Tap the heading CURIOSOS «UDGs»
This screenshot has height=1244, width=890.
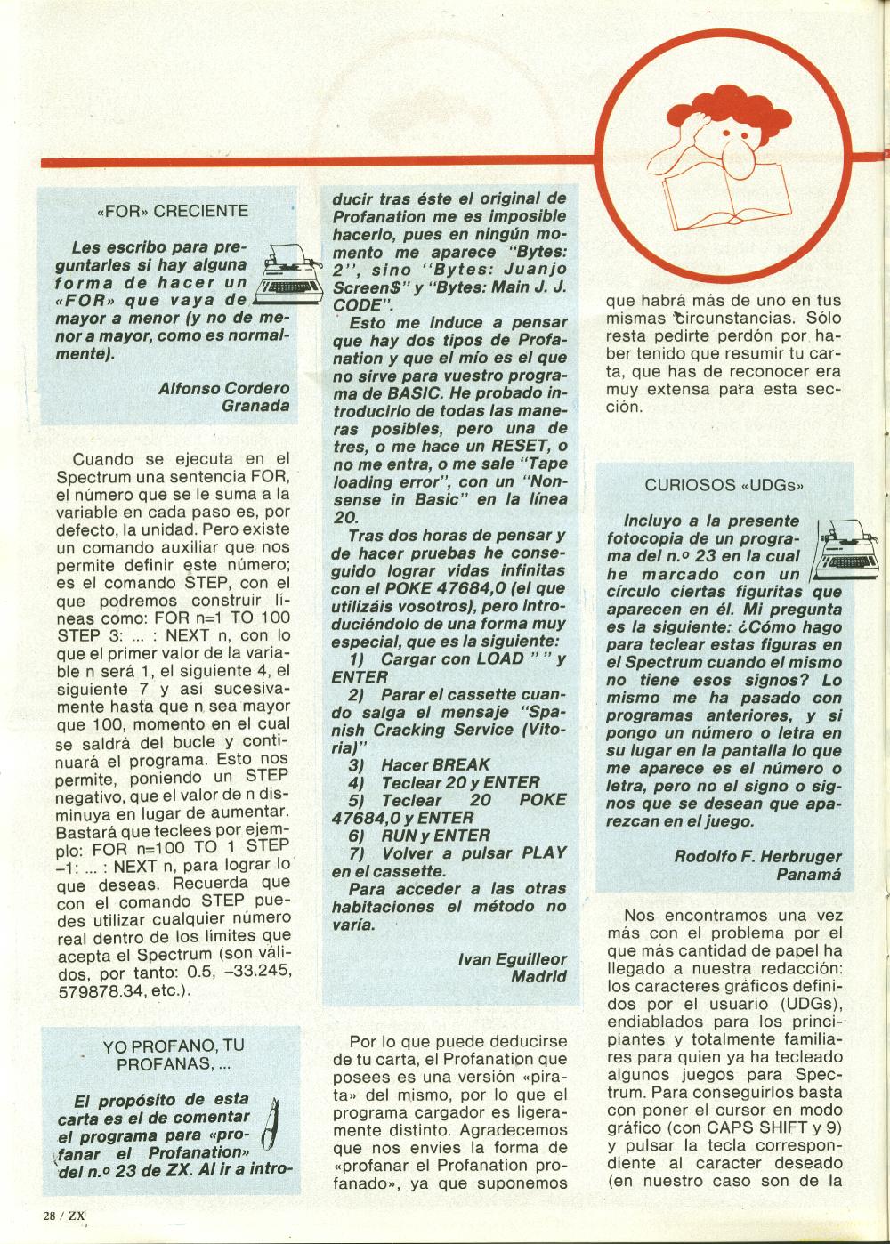coord(724,486)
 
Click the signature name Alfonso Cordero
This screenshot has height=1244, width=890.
coord(223,388)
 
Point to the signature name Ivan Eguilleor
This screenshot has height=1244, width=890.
coord(512,958)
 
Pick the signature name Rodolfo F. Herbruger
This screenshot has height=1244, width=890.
coord(757,856)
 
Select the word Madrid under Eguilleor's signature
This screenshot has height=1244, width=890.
coord(538,976)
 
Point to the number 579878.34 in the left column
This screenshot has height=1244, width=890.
coord(98,991)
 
